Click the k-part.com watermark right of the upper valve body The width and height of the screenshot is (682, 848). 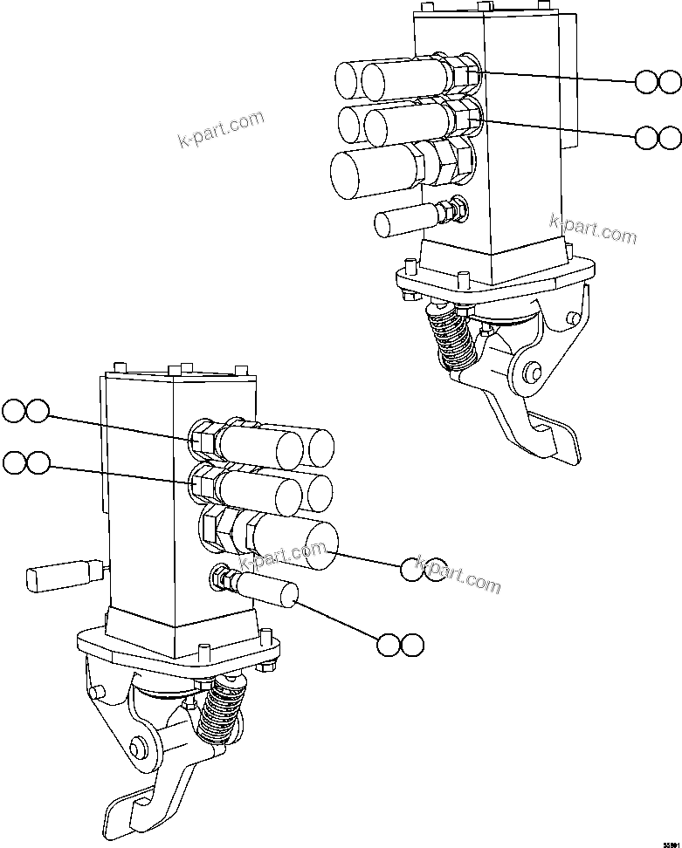coord(593,229)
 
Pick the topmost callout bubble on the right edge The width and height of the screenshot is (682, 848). coord(658,83)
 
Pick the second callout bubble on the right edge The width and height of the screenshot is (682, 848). coord(658,137)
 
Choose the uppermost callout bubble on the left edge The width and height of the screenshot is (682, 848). coord(25,411)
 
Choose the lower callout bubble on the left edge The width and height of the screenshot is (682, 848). coord(25,463)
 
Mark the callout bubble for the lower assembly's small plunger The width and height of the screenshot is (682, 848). coord(400,645)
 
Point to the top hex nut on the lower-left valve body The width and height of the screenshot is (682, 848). coord(203,434)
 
